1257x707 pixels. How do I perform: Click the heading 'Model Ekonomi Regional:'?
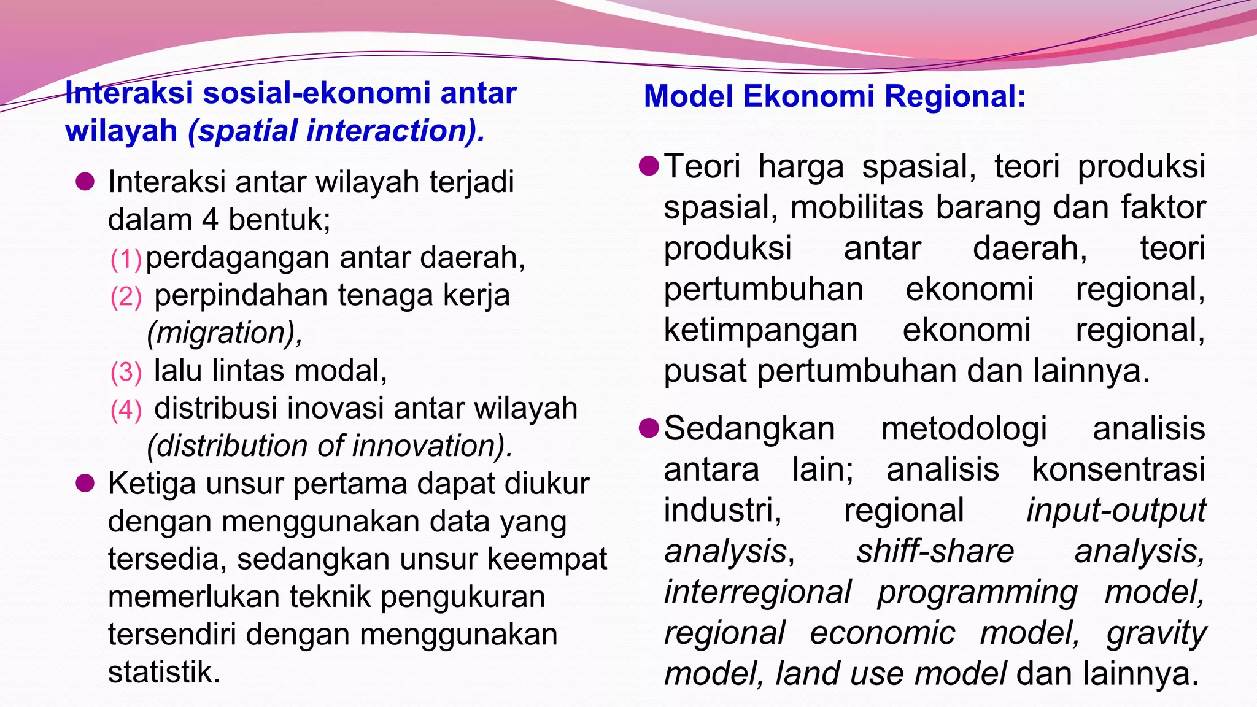click(x=834, y=96)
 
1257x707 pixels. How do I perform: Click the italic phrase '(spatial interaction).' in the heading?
click(x=336, y=131)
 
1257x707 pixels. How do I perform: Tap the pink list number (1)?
click(x=126, y=260)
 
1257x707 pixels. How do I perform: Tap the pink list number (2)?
click(x=126, y=297)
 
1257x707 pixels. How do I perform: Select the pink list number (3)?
click(x=126, y=373)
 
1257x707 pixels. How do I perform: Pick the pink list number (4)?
click(x=126, y=410)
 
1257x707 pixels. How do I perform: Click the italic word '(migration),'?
click(x=225, y=333)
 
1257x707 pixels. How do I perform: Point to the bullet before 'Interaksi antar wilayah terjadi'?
click(x=85, y=182)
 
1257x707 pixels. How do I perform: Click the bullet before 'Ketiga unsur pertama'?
click(x=85, y=484)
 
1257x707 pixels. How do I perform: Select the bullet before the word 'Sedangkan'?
click(x=649, y=428)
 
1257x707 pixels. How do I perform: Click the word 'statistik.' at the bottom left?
click(x=164, y=672)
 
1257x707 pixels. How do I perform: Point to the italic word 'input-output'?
click(x=1116, y=511)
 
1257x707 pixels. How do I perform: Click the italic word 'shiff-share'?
click(x=935, y=551)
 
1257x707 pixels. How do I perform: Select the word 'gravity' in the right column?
click(x=1156, y=633)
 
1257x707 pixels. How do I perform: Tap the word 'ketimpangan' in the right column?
click(x=760, y=331)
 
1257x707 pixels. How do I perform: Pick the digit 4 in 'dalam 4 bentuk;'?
click(x=210, y=220)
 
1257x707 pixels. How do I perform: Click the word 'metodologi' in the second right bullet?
click(x=964, y=428)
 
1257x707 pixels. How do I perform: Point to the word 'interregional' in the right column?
click(x=757, y=592)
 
